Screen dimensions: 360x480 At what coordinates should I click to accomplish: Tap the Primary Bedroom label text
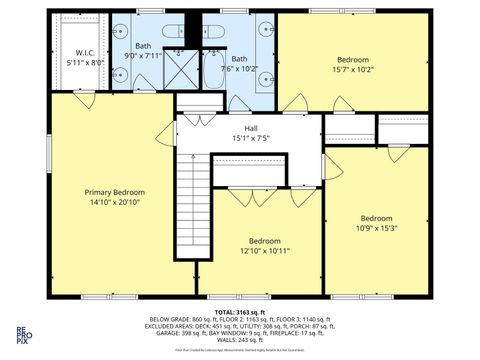point(115,192)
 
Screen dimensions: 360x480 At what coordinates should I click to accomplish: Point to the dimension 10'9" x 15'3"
point(376,228)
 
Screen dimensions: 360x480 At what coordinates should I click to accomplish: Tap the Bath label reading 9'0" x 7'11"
point(144,50)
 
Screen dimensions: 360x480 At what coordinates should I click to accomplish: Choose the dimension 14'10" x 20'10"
point(115,203)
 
